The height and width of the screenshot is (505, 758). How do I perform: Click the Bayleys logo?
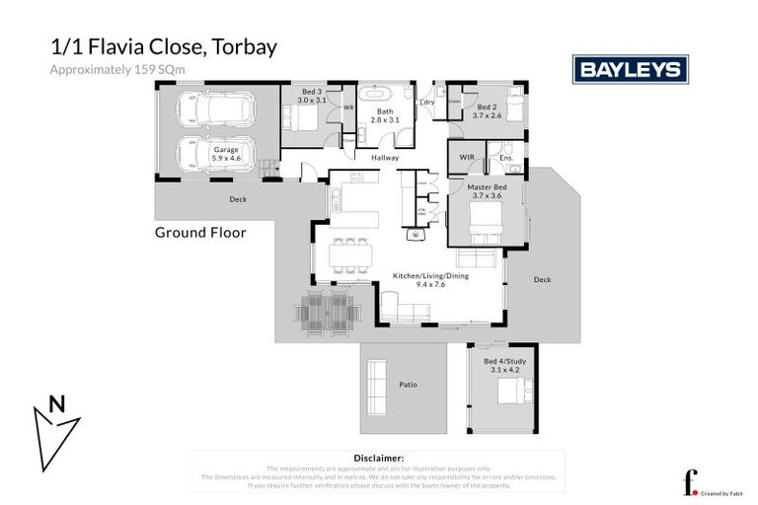(x=631, y=68)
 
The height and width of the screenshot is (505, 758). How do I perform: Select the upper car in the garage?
(x=208, y=109)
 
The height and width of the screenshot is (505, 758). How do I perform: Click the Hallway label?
(x=385, y=158)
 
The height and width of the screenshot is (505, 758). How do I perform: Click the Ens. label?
(x=505, y=158)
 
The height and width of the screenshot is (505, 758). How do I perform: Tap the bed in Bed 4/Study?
(x=512, y=394)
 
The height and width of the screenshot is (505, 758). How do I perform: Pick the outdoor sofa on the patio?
(x=376, y=385)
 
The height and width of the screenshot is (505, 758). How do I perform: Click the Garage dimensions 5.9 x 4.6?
(x=227, y=158)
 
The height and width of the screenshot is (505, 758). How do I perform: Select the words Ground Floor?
(x=199, y=233)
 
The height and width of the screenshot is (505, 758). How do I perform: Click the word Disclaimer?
(x=378, y=459)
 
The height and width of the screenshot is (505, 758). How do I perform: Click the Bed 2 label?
(x=488, y=107)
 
